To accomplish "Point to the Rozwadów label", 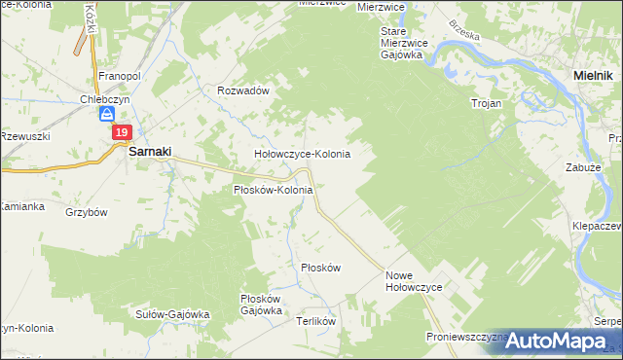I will click(241, 90).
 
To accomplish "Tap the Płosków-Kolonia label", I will click(273, 190).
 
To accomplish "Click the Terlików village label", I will click(315, 320).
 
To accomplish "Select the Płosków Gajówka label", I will click(260, 305).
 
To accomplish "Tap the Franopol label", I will click(121, 75).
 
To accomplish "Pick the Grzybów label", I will click(86, 211).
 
